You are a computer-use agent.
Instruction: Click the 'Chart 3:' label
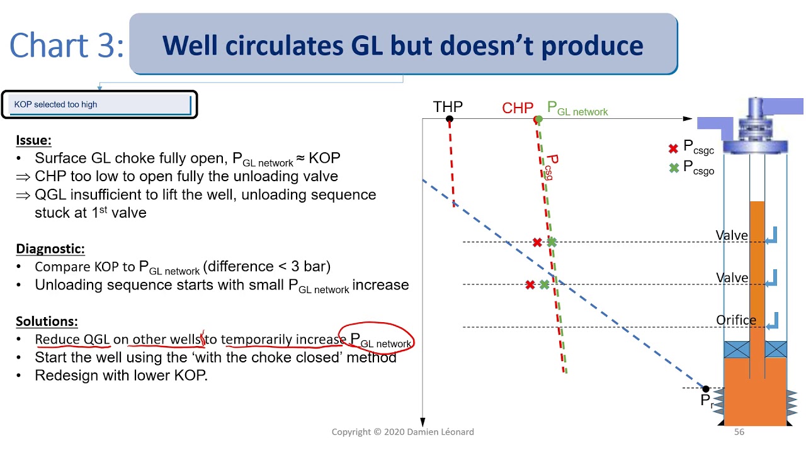67,46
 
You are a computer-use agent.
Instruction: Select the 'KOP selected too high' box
99,104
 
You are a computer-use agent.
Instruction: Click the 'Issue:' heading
33,140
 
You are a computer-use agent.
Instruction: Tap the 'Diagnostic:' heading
50,249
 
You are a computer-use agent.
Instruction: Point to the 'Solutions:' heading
47,322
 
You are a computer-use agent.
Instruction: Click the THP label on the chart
448,107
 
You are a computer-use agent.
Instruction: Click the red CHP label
518,108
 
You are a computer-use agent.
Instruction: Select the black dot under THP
449,119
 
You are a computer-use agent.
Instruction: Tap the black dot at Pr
706,389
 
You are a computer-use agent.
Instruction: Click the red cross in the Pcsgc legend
673,148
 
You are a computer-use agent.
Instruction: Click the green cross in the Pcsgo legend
673,168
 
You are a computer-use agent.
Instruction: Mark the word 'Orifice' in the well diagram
736,320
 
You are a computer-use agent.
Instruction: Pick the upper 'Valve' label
732,235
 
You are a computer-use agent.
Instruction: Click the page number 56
739,432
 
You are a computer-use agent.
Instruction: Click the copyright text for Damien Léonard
402,432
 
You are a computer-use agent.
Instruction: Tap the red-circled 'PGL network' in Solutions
380,340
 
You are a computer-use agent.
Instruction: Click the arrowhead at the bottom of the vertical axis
423,422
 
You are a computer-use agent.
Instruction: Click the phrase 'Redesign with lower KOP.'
121,376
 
